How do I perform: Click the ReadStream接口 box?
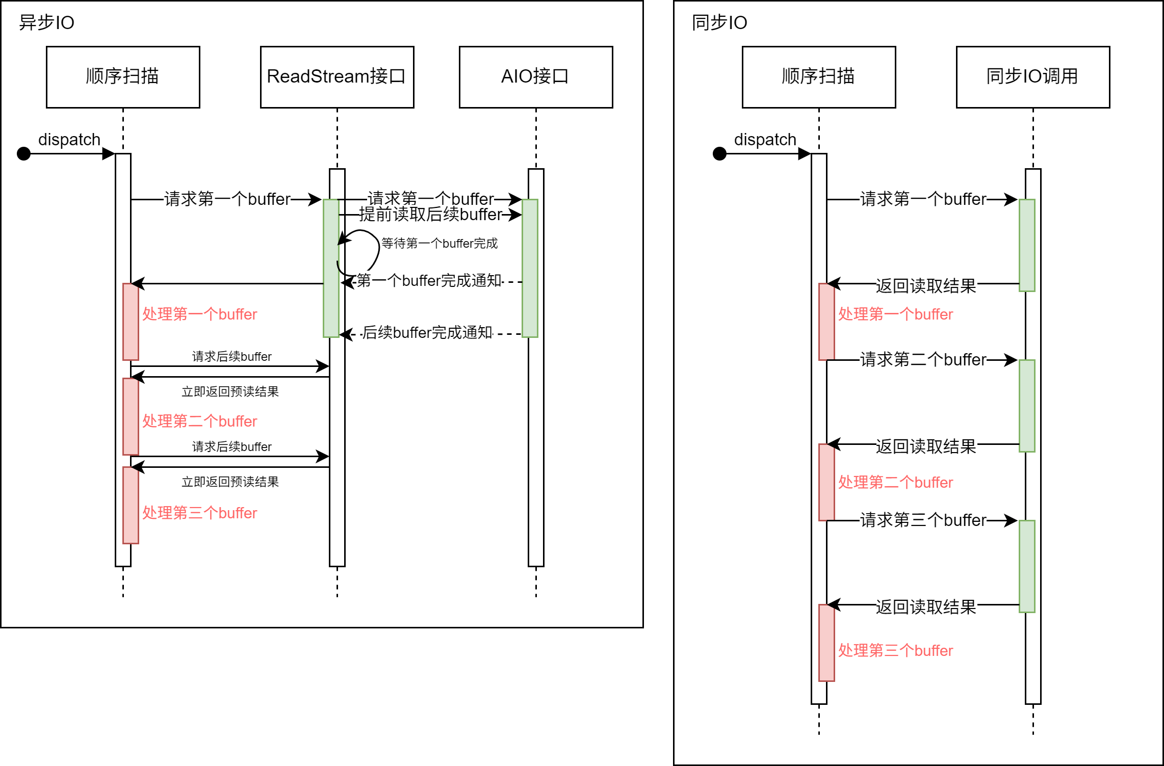click(x=337, y=77)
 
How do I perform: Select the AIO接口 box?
click(x=535, y=77)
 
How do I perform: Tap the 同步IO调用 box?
click(x=1032, y=77)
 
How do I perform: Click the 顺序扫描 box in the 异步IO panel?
click(x=123, y=77)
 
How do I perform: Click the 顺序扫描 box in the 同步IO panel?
click(x=818, y=77)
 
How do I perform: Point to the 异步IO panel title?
click(x=46, y=23)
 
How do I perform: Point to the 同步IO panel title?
click(x=719, y=23)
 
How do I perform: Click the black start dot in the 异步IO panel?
click(x=24, y=153)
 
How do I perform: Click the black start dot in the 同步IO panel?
click(x=719, y=153)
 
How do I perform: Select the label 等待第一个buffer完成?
click(x=439, y=244)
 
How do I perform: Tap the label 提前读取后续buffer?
click(x=430, y=215)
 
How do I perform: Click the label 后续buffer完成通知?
click(x=427, y=333)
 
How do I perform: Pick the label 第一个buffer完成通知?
click(x=429, y=280)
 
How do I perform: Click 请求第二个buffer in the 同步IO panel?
click(x=923, y=360)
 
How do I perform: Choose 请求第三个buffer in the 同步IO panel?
click(x=923, y=520)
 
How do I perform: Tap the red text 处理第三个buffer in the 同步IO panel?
click(x=895, y=651)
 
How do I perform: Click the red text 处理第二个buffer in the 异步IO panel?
click(x=199, y=421)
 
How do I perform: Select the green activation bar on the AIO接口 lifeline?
click(x=530, y=268)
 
